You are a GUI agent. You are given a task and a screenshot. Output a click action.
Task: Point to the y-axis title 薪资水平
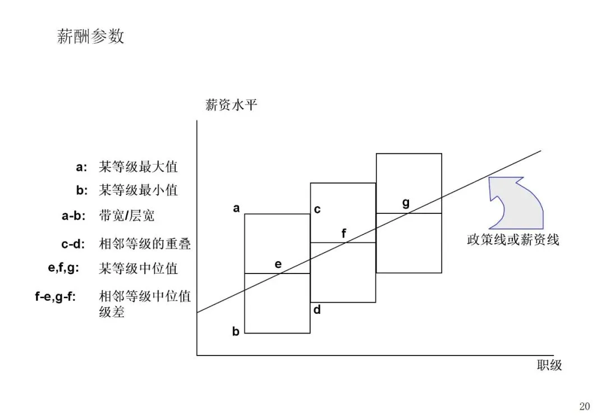pyautogui.click(x=231, y=105)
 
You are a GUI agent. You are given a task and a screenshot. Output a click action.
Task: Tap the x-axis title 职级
pyautogui.click(x=549, y=366)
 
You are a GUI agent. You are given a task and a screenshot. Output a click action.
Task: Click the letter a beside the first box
pyautogui.click(x=236, y=209)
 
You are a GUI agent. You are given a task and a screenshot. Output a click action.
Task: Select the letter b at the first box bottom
pyautogui.click(x=236, y=332)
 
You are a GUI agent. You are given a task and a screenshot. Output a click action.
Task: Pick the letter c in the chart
pyautogui.click(x=317, y=209)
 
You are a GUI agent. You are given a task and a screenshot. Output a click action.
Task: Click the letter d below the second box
pyautogui.click(x=317, y=309)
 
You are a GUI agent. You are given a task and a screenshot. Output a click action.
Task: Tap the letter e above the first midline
pyautogui.click(x=278, y=264)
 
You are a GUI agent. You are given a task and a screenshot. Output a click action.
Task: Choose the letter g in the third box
pyautogui.click(x=406, y=203)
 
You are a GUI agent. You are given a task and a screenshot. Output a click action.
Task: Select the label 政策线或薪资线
pyautogui.click(x=513, y=240)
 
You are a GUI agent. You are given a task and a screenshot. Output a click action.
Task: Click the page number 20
pyautogui.click(x=585, y=407)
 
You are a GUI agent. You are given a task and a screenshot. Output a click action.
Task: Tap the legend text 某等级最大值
pyautogui.click(x=138, y=167)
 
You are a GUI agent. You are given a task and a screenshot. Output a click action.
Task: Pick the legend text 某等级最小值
pyautogui.click(x=138, y=190)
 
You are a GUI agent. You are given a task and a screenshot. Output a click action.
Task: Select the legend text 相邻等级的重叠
pyautogui.click(x=145, y=244)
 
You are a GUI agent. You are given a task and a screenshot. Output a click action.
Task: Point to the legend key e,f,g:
pyautogui.click(x=63, y=268)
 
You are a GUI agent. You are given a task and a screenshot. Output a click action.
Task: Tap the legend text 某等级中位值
pyautogui.click(x=138, y=268)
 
